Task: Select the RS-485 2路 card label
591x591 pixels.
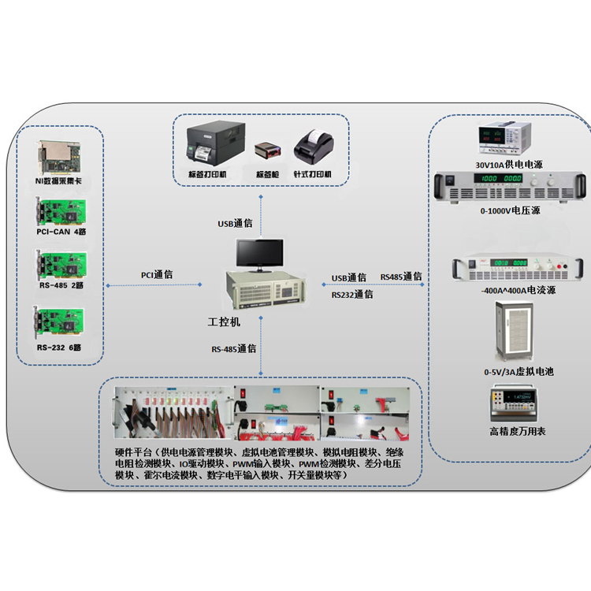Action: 60,285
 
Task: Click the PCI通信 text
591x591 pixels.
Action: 158,275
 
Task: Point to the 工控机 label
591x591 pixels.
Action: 224,322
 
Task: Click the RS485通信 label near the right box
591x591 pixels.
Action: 401,277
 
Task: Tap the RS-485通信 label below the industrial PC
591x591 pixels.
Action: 233,348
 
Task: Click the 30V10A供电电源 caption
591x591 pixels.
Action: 508,165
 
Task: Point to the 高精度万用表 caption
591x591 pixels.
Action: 518,431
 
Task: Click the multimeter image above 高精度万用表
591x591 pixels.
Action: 518,404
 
